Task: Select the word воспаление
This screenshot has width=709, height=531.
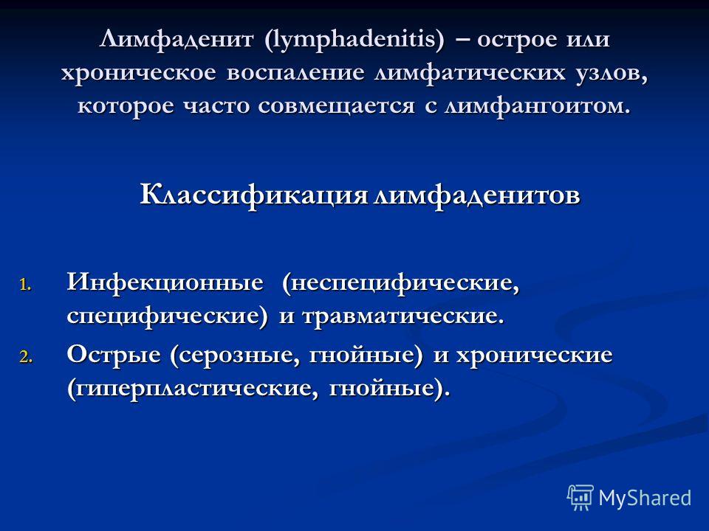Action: click(x=295, y=73)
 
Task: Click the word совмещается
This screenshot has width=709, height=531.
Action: click(x=337, y=106)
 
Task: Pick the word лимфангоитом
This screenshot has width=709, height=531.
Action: click(x=538, y=106)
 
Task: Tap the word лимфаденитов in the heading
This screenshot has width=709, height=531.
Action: click(x=477, y=195)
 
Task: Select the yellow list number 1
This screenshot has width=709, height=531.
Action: click(x=25, y=286)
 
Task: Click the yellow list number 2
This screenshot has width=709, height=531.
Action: click(x=25, y=358)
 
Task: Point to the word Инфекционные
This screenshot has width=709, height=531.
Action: click(x=165, y=283)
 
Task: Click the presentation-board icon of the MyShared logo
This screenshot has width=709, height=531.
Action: click(x=580, y=498)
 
